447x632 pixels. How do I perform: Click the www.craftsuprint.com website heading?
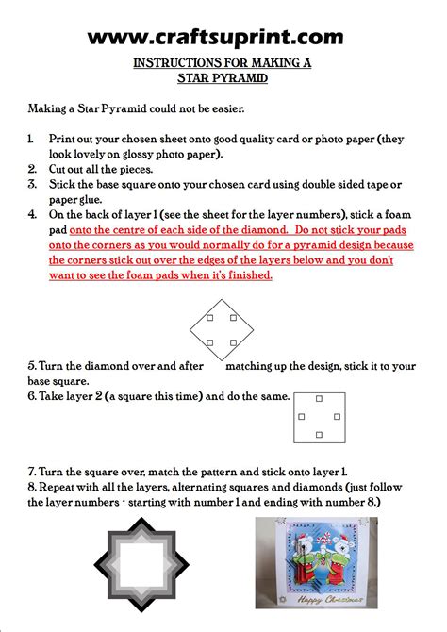[215, 37]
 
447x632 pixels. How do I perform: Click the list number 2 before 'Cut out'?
[32, 169]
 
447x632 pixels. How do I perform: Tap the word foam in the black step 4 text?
[397, 214]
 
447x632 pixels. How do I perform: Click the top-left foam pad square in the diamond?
[210, 318]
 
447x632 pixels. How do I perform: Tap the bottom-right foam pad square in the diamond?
[233, 342]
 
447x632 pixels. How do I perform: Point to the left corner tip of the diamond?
[190, 330]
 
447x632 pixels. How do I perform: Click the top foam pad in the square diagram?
[320, 399]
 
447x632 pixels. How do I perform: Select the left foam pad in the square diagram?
[302, 416]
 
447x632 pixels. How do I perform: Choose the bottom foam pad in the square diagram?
[320, 435]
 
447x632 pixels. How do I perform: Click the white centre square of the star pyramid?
[141, 564]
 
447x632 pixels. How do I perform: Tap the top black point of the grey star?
[141, 520]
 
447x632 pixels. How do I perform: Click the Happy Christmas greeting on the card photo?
[330, 599]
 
